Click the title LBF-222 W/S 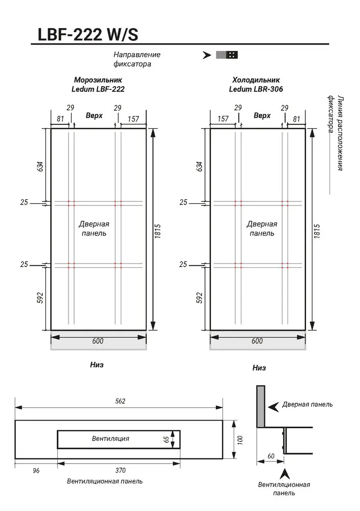click(x=88, y=34)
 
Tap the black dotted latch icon click(x=232, y=55)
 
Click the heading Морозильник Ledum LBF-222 click(x=98, y=84)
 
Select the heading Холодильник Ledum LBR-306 click(x=256, y=84)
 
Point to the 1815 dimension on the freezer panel click(x=158, y=231)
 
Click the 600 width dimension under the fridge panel click(x=257, y=341)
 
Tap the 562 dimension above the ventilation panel click(x=120, y=401)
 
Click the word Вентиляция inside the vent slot click(x=110, y=438)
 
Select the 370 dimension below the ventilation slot click(x=120, y=470)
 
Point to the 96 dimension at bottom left click(x=36, y=471)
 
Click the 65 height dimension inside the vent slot click(x=166, y=439)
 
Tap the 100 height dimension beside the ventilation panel click(x=240, y=440)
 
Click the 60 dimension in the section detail click(x=271, y=456)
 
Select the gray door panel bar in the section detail click(x=261, y=406)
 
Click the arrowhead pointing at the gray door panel click(x=273, y=406)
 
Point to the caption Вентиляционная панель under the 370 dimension click(x=105, y=481)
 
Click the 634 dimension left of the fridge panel click(x=199, y=166)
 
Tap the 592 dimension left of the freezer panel click(x=40, y=298)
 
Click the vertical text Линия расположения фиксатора click(x=335, y=133)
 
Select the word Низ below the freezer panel click(x=97, y=365)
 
